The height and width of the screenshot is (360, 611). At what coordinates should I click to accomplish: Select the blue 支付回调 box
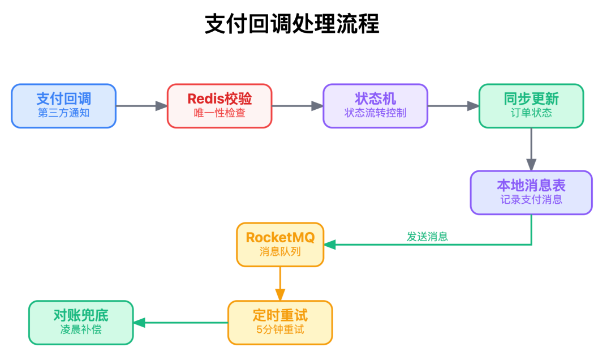[x=64, y=106]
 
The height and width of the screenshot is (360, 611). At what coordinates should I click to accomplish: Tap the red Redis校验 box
[x=220, y=106]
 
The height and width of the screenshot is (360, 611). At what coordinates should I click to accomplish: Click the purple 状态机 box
[x=375, y=106]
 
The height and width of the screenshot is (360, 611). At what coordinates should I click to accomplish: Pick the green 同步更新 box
[x=531, y=106]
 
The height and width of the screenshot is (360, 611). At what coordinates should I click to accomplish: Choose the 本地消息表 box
[x=531, y=192]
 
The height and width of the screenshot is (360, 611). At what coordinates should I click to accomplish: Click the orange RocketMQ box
[x=280, y=245]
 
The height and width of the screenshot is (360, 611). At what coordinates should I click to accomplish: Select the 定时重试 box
[x=280, y=323]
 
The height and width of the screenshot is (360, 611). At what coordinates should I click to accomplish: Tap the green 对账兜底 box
[x=81, y=323]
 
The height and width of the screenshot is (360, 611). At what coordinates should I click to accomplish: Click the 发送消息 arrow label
[x=427, y=237]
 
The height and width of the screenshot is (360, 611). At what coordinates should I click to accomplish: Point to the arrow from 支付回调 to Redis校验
[x=141, y=106]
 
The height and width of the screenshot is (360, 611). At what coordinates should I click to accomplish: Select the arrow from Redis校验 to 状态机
[x=297, y=106]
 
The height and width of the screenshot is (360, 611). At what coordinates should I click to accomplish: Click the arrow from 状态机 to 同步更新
[x=453, y=106]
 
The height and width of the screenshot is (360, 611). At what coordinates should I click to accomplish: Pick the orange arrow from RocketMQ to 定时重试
[x=280, y=284]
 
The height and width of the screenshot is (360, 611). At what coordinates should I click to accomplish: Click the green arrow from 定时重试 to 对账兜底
[x=180, y=323]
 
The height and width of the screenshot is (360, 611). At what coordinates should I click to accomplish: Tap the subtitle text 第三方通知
[x=64, y=113]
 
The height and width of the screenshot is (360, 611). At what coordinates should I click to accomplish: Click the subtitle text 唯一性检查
[x=220, y=113]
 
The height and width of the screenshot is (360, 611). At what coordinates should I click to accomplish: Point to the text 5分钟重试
[x=280, y=329]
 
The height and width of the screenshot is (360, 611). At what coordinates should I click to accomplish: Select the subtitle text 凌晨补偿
[x=81, y=329]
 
